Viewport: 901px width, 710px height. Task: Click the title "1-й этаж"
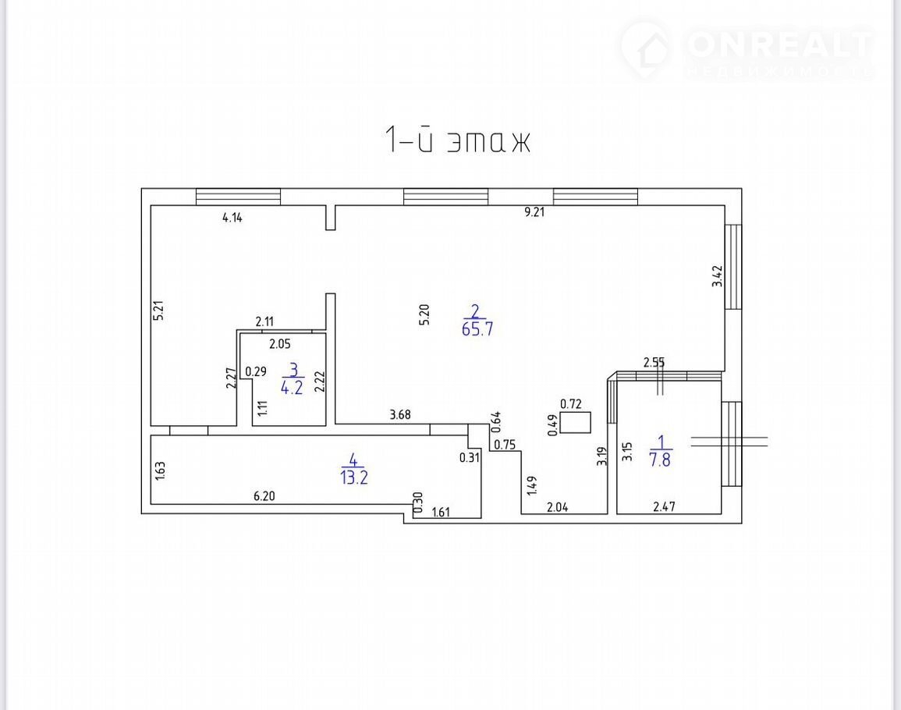[457, 140]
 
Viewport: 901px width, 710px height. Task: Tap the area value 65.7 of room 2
[477, 329]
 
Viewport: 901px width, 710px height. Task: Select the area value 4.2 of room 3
[291, 388]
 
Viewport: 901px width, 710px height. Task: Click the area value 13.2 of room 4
[354, 477]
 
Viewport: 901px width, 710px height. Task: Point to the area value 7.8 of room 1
[660, 460]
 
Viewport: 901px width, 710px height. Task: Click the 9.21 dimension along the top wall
[534, 212]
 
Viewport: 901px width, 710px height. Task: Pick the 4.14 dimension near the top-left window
[232, 218]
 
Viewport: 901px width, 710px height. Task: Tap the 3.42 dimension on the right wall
[717, 276]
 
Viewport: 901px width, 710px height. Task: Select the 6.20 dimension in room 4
[264, 495]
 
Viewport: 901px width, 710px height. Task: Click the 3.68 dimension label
[400, 414]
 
